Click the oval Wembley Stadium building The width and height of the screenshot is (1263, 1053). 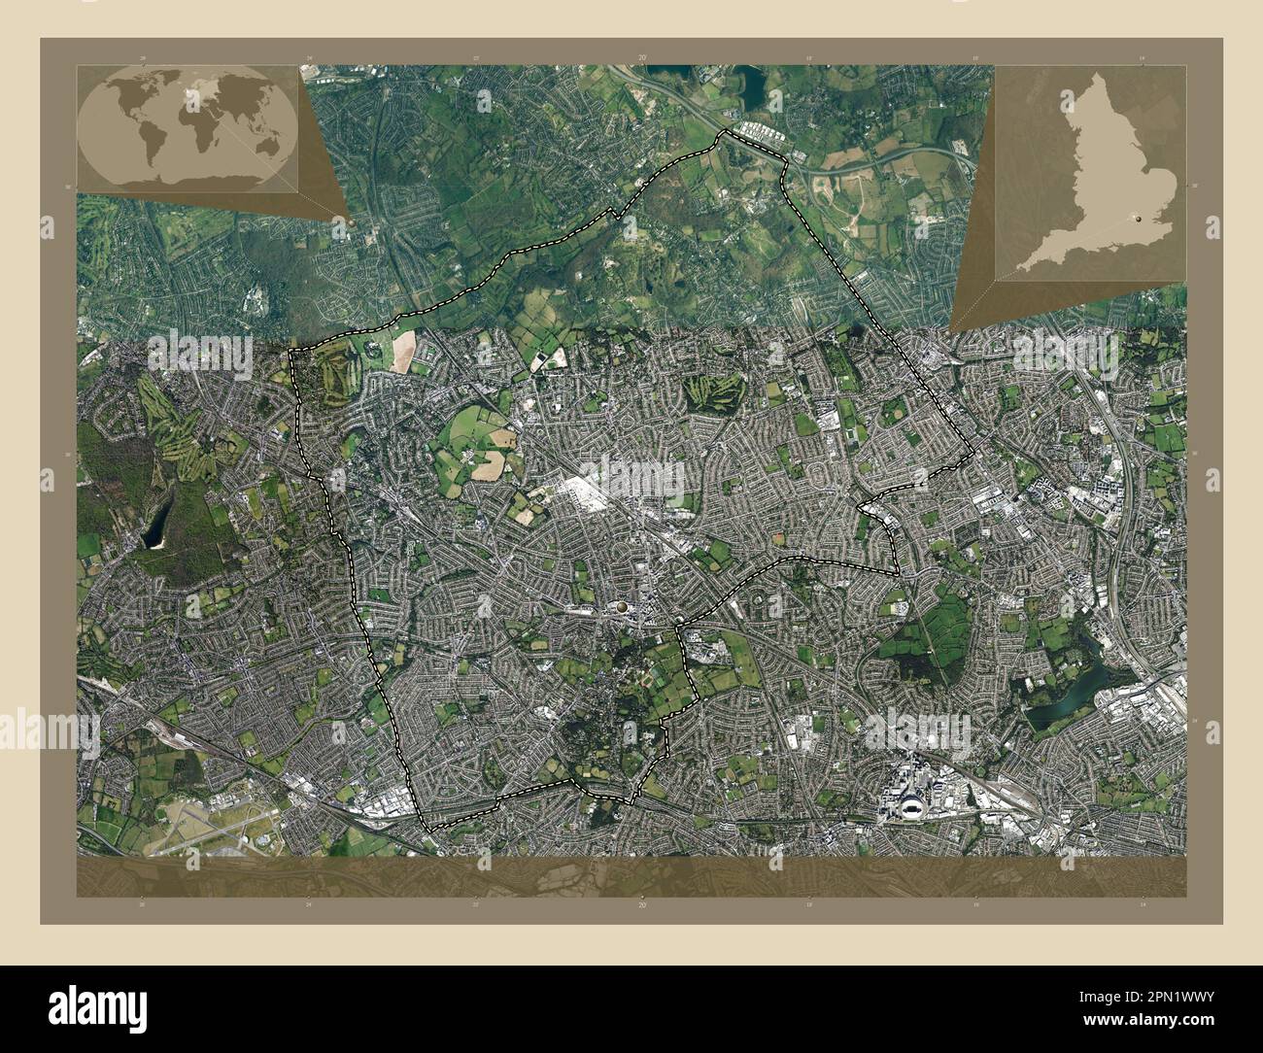coord(910,803)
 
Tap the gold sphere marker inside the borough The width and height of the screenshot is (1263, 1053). coord(620,607)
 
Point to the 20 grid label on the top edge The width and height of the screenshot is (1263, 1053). coord(641,58)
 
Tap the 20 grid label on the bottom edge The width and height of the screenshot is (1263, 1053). coord(641,904)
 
